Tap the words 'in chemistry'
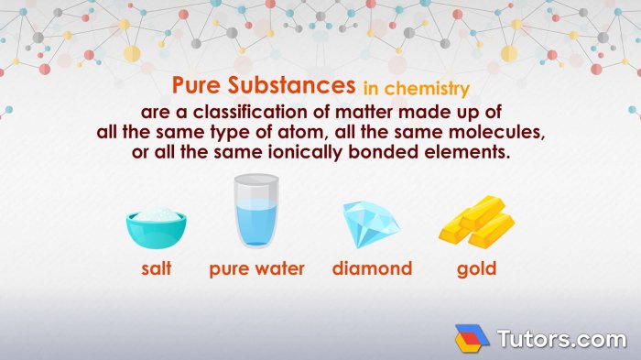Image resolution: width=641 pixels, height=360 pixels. coord(416,89)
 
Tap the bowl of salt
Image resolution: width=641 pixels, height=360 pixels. coord(157,229)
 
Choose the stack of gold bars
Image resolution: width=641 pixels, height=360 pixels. coord(476,223)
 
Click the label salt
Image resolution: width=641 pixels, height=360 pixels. coord(157,269)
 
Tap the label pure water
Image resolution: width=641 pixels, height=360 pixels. coord(256,269)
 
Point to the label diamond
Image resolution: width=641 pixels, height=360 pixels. coord(372,269)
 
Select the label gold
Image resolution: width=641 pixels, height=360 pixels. coord(476,269)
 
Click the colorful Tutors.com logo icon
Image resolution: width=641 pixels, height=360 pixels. coord(473,338)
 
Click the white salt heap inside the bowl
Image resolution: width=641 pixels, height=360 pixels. coord(157,215)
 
